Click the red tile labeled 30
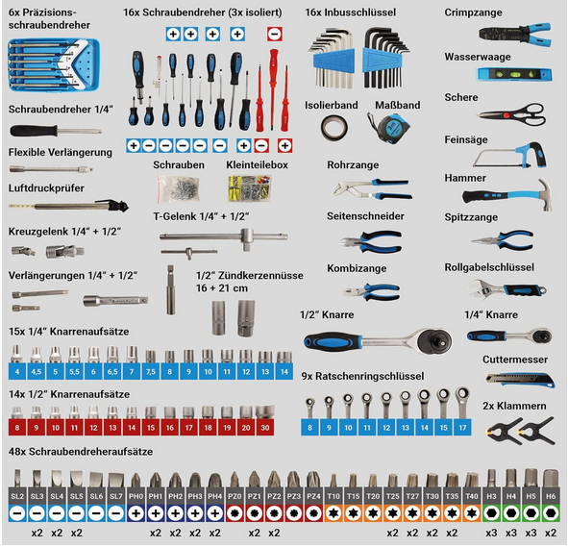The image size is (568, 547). tap(265, 428)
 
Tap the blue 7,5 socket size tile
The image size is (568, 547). tap(151, 372)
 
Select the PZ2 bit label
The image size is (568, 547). tap(274, 496)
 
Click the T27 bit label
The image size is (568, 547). tap(412, 496)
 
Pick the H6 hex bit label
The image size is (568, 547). tap(551, 496)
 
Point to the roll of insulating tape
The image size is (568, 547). tap(334, 128)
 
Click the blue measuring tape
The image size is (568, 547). tap(389, 127)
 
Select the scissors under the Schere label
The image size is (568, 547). tap(512, 114)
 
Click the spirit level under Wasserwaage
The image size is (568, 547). tap(513, 75)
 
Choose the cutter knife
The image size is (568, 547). tap(520, 380)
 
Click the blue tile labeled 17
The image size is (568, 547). tap(462, 428)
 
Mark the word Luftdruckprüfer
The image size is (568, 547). tap(46, 188)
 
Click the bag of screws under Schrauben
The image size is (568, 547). tap(178, 188)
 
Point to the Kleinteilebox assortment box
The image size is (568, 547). tap(250, 188)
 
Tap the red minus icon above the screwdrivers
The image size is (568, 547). tap(275, 34)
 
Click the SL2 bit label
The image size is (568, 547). tap(17, 496)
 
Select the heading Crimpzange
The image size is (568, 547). tap(473, 12)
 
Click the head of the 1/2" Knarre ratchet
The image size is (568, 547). tap(433, 340)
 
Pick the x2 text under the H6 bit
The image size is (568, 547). tap(551, 533)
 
